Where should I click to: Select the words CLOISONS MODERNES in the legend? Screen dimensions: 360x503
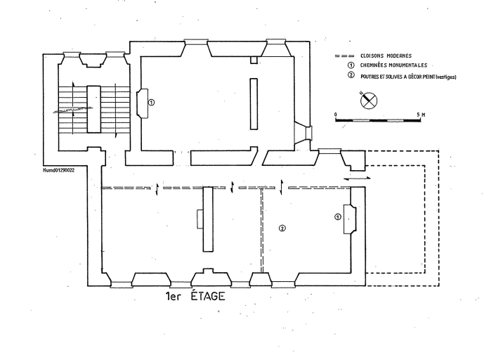(x=386, y=55)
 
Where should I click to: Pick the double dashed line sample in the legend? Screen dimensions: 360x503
(x=342, y=55)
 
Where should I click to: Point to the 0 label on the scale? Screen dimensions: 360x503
(x=336, y=114)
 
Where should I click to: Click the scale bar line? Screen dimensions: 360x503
(x=380, y=120)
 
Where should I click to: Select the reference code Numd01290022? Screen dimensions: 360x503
(x=59, y=169)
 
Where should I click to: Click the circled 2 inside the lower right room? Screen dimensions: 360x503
(x=282, y=229)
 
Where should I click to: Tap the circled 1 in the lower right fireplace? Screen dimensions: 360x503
(x=338, y=217)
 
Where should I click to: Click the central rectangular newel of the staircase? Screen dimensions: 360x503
(x=91, y=109)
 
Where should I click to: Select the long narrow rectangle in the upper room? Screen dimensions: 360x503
(x=254, y=103)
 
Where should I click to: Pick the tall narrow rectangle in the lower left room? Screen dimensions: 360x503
(x=208, y=219)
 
